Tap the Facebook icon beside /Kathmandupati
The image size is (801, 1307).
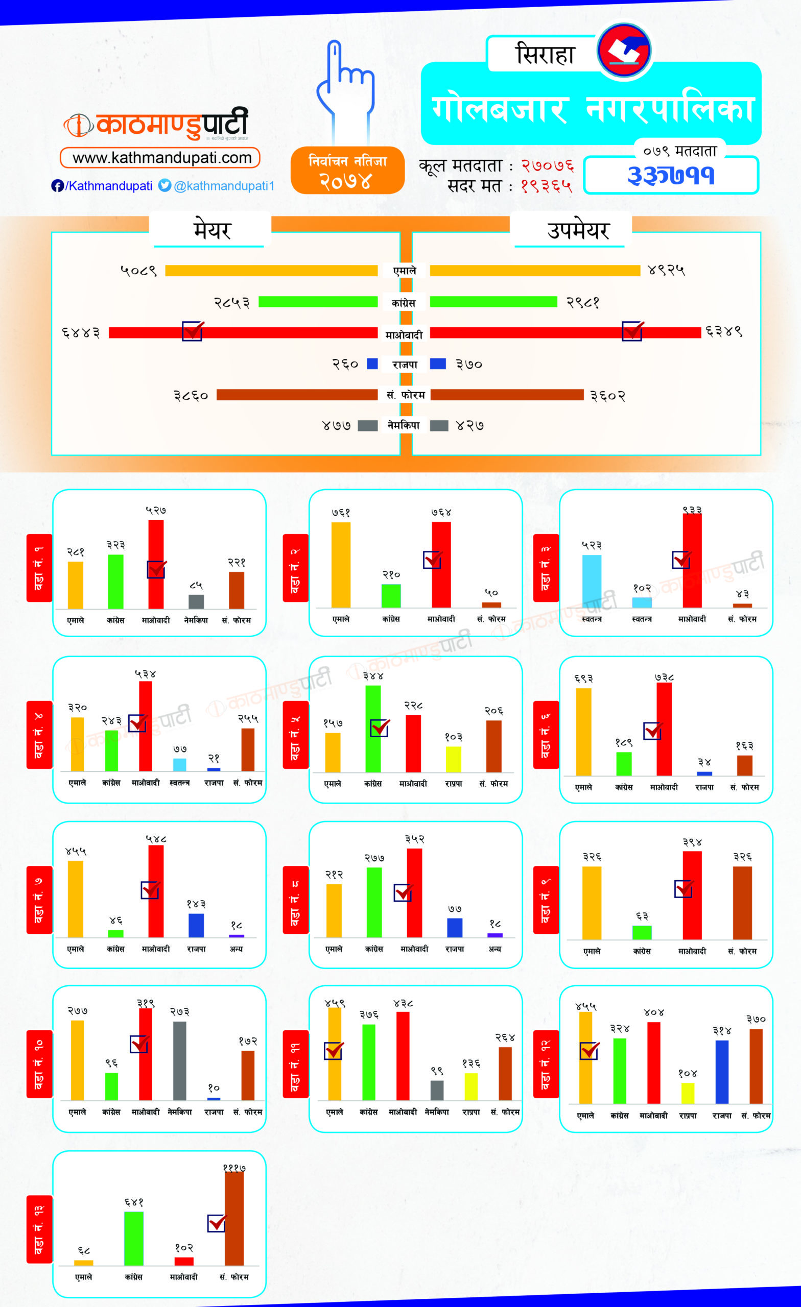tap(57, 186)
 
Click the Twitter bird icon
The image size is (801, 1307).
tap(165, 185)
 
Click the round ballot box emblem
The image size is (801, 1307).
tap(624, 51)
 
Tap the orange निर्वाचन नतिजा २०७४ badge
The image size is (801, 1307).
tap(348, 171)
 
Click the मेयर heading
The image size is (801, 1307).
tap(212, 230)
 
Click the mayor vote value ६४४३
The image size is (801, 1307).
tap(81, 332)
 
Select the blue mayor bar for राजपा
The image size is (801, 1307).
tap(372, 364)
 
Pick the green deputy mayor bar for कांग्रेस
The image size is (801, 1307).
tap(493, 302)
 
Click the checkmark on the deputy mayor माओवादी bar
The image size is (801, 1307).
tap(632, 330)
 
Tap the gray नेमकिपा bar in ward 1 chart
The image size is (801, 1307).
tap(196, 601)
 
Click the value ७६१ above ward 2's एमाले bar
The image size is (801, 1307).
tap(341, 513)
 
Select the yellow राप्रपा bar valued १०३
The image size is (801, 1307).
tap(453, 759)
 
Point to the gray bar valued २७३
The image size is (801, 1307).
tap(179, 1061)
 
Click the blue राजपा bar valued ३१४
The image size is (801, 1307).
tap(721, 1072)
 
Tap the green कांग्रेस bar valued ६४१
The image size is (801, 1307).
tap(134, 1239)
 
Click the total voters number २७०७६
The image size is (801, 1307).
tap(547, 166)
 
